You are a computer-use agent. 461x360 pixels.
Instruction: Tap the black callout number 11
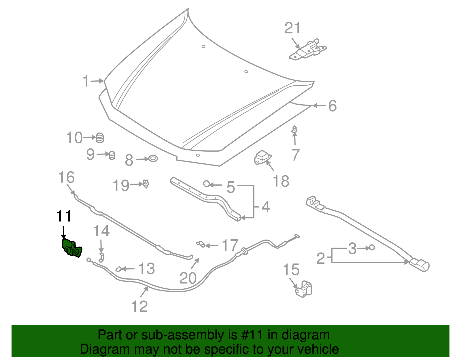tap(64, 216)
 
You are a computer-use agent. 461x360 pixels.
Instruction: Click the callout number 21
tap(292, 28)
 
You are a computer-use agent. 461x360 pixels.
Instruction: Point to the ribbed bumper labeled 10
tap(100, 138)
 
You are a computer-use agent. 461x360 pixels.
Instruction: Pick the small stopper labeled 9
tap(112, 155)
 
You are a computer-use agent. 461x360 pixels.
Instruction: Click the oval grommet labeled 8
tap(153, 159)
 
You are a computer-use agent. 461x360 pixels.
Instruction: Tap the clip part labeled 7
tap(294, 130)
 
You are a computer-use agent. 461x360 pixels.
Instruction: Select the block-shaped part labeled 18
tap(262, 157)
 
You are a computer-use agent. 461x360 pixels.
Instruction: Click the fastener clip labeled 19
tap(146, 184)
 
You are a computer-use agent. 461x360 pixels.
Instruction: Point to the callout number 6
tap(332, 106)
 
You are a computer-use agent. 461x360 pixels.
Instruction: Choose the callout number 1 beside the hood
tap(86, 81)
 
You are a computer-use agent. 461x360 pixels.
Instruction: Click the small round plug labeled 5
tap(207, 184)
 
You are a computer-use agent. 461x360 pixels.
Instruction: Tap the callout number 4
tap(266, 207)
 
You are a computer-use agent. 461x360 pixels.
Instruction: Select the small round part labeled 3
tap(372, 247)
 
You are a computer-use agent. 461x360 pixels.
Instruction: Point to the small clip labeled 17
tap(201, 244)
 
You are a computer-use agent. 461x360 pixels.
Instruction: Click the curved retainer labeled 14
tap(102, 257)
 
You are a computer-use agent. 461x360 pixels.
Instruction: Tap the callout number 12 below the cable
tap(139, 306)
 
